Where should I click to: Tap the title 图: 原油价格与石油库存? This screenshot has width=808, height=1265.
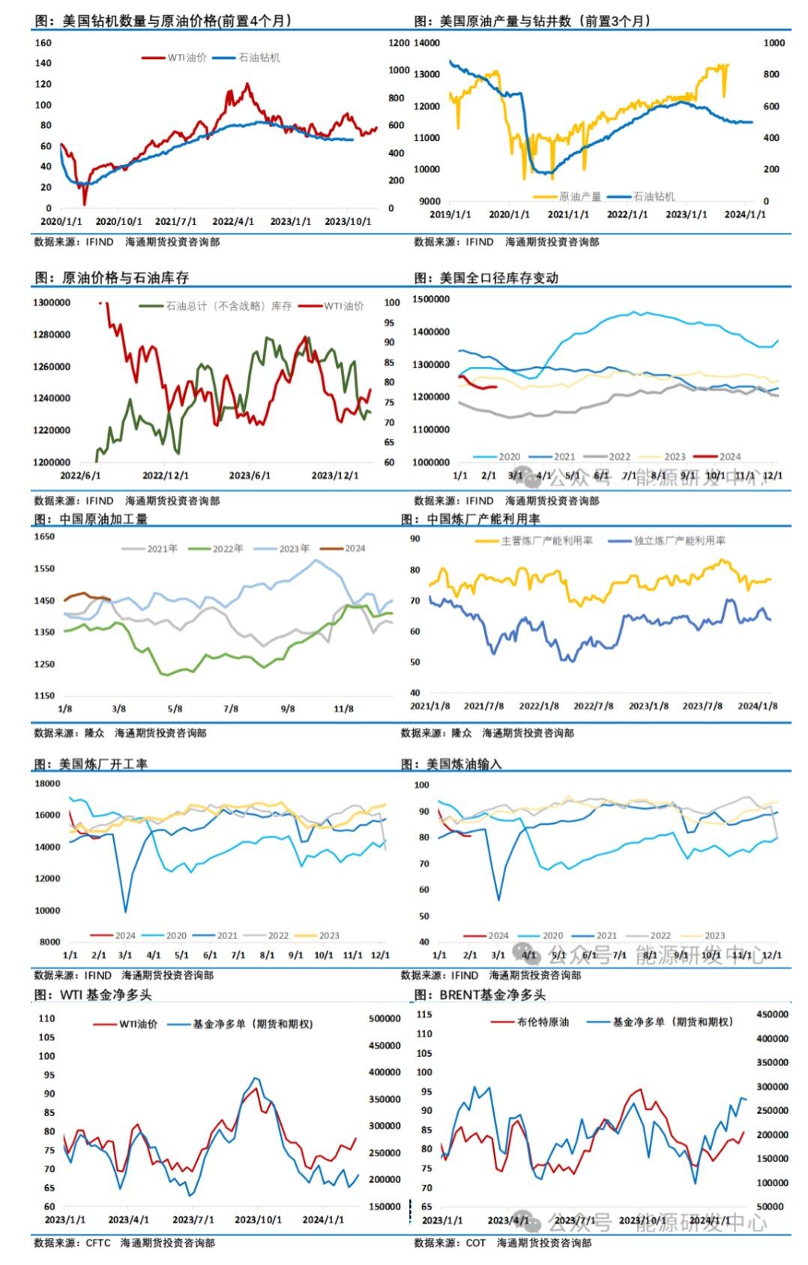(x=112, y=278)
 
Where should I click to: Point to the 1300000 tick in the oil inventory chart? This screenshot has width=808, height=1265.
(x=52, y=303)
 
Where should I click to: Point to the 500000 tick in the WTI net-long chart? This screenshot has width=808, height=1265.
(x=385, y=1019)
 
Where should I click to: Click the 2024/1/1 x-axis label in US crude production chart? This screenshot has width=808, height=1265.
(x=745, y=214)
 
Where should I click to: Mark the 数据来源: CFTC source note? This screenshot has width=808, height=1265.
(x=72, y=1243)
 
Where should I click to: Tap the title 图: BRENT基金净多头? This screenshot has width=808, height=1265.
(x=480, y=995)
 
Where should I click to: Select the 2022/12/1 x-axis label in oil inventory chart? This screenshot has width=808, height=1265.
(x=166, y=476)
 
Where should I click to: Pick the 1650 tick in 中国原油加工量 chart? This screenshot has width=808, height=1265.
(x=44, y=537)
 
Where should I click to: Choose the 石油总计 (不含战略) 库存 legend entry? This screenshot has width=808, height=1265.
(x=229, y=306)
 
